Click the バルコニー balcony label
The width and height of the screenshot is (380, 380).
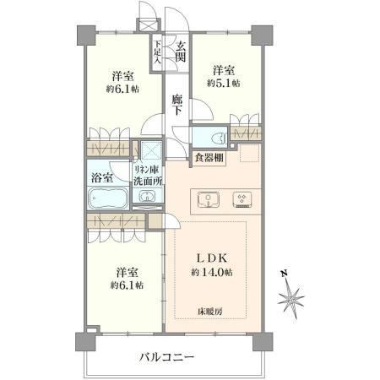point(167,358)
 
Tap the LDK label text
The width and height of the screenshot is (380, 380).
point(211,258)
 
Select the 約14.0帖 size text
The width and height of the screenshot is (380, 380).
point(212,272)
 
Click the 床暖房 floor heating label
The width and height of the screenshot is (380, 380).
point(210,312)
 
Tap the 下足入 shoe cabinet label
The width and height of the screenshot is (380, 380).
point(158,52)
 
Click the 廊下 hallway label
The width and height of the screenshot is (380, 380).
point(177,105)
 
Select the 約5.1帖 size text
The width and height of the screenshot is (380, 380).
point(224,83)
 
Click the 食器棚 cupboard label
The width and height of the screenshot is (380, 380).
point(209,158)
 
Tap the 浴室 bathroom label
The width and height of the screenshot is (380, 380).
point(102,178)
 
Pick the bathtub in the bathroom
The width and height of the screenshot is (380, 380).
point(108,198)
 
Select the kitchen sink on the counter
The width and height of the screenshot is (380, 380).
point(209,199)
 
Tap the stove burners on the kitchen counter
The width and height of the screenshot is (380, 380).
point(242,200)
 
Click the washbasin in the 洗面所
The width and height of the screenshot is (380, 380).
point(146,196)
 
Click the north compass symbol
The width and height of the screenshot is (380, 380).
point(290,298)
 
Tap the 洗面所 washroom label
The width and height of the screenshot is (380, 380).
point(148,181)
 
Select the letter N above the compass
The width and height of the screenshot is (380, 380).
point(285,273)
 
